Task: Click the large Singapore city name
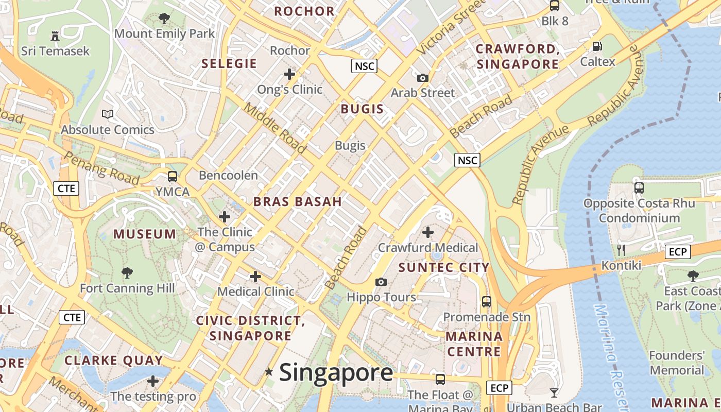(x=336, y=372)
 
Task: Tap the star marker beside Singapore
(x=268, y=371)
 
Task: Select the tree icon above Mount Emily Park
(x=164, y=19)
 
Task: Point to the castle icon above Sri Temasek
(x=55, y=36)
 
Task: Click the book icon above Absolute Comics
(x=108, y=114)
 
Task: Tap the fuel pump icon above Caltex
(x=597, y=46)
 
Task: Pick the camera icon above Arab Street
(x=422, y=78)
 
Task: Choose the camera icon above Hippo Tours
(x=381, y=282)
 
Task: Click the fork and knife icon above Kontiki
(x=621, y=250)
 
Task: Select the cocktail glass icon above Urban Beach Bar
(x=554, y=393)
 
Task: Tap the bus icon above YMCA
(x=173, y=176)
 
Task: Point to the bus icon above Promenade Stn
(x=487, y=301)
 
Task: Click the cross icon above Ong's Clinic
(x=289, y=74)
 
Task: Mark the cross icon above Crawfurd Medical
(x=428, y=232)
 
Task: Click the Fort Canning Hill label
(x=127, y=288)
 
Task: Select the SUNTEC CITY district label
(x=444, y=267)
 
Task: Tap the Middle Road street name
(x=276, y=128)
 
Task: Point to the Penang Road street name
(x=101, y=168)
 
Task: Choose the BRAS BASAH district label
(x=298, y=201)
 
